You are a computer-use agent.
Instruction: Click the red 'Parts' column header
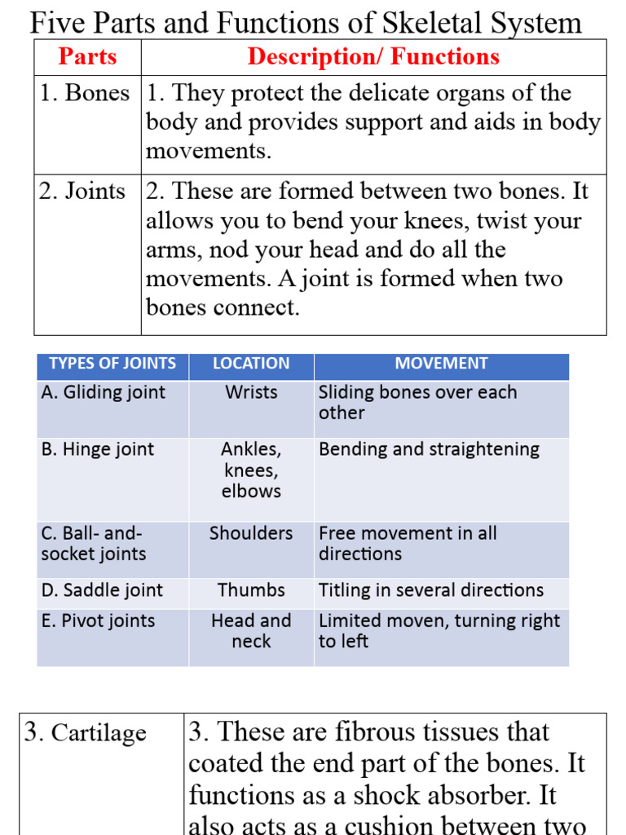click(x=87, y=57)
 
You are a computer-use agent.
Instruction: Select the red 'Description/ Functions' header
click(x=373, y=57)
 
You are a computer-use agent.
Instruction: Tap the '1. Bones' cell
click(x=85, y=94)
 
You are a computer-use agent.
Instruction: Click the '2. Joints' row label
click(x=82, y=192)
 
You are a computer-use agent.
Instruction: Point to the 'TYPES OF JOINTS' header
click(x=112, y=364)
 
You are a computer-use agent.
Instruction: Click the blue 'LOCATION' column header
click(x=251, y=364)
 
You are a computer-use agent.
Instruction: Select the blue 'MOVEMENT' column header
click(x=441, y=364)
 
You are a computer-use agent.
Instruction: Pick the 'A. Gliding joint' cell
click(x=103, y=392)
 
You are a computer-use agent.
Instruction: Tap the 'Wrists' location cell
click(x=251, y=392)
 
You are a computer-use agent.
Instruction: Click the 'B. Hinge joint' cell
click(x=97, y=449)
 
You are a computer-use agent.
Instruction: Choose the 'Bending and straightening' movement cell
click(x=429, y=449)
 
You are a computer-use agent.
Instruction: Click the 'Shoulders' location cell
click(x=251, y=533)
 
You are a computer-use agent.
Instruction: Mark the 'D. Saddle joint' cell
click(x=102, y=590)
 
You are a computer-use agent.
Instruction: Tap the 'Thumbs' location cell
click(x=251, y=590)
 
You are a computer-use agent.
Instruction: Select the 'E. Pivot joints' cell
click(x=98, y=621)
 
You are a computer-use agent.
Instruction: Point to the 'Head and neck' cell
click(x=251, y=630)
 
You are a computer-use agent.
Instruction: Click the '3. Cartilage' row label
click(x=86, y=733)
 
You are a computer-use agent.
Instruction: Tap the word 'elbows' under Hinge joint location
click(x=251, y=491)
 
